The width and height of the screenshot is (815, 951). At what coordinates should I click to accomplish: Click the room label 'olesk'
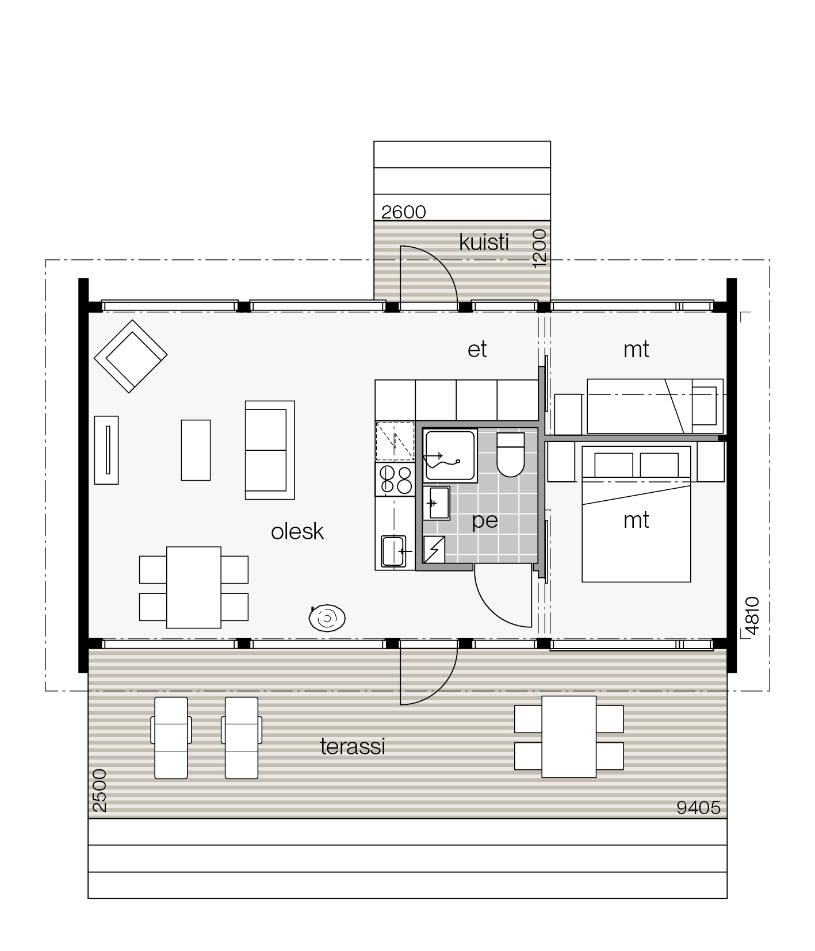coord(297,531)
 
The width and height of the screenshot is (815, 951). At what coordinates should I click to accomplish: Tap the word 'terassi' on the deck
coord(353,746)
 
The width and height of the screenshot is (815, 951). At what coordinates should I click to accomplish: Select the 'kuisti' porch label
coord(484,243)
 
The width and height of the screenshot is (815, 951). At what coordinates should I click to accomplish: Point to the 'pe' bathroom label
coord(485,521)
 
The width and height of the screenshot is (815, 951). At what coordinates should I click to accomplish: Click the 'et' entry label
coord(477,349)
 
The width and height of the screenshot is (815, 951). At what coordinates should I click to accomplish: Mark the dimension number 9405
coord(698,808)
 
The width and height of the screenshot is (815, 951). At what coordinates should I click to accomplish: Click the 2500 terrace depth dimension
coord(99,790)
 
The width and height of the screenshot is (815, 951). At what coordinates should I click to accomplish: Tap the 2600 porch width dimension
coord(404,212)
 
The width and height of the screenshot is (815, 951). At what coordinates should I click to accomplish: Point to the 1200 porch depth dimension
coord(539,248)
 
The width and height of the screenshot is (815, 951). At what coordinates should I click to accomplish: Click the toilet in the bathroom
coord(510,455)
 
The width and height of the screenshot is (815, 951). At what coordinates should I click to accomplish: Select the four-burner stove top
coord(395,480)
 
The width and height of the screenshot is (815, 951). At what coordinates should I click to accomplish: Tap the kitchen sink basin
coord(394,551)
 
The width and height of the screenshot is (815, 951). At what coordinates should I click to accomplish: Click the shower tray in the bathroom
coord(450,455)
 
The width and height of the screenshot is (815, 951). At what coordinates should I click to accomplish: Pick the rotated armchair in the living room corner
coord(131,356)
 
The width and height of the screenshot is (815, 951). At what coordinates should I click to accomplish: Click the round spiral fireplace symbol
coord(327,618)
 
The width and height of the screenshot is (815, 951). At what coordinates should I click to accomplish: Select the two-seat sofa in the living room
coord(270,450)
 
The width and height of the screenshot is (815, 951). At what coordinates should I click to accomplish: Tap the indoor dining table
coord(194,587)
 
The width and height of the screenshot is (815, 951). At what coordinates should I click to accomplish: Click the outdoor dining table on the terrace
coord(569,737)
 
